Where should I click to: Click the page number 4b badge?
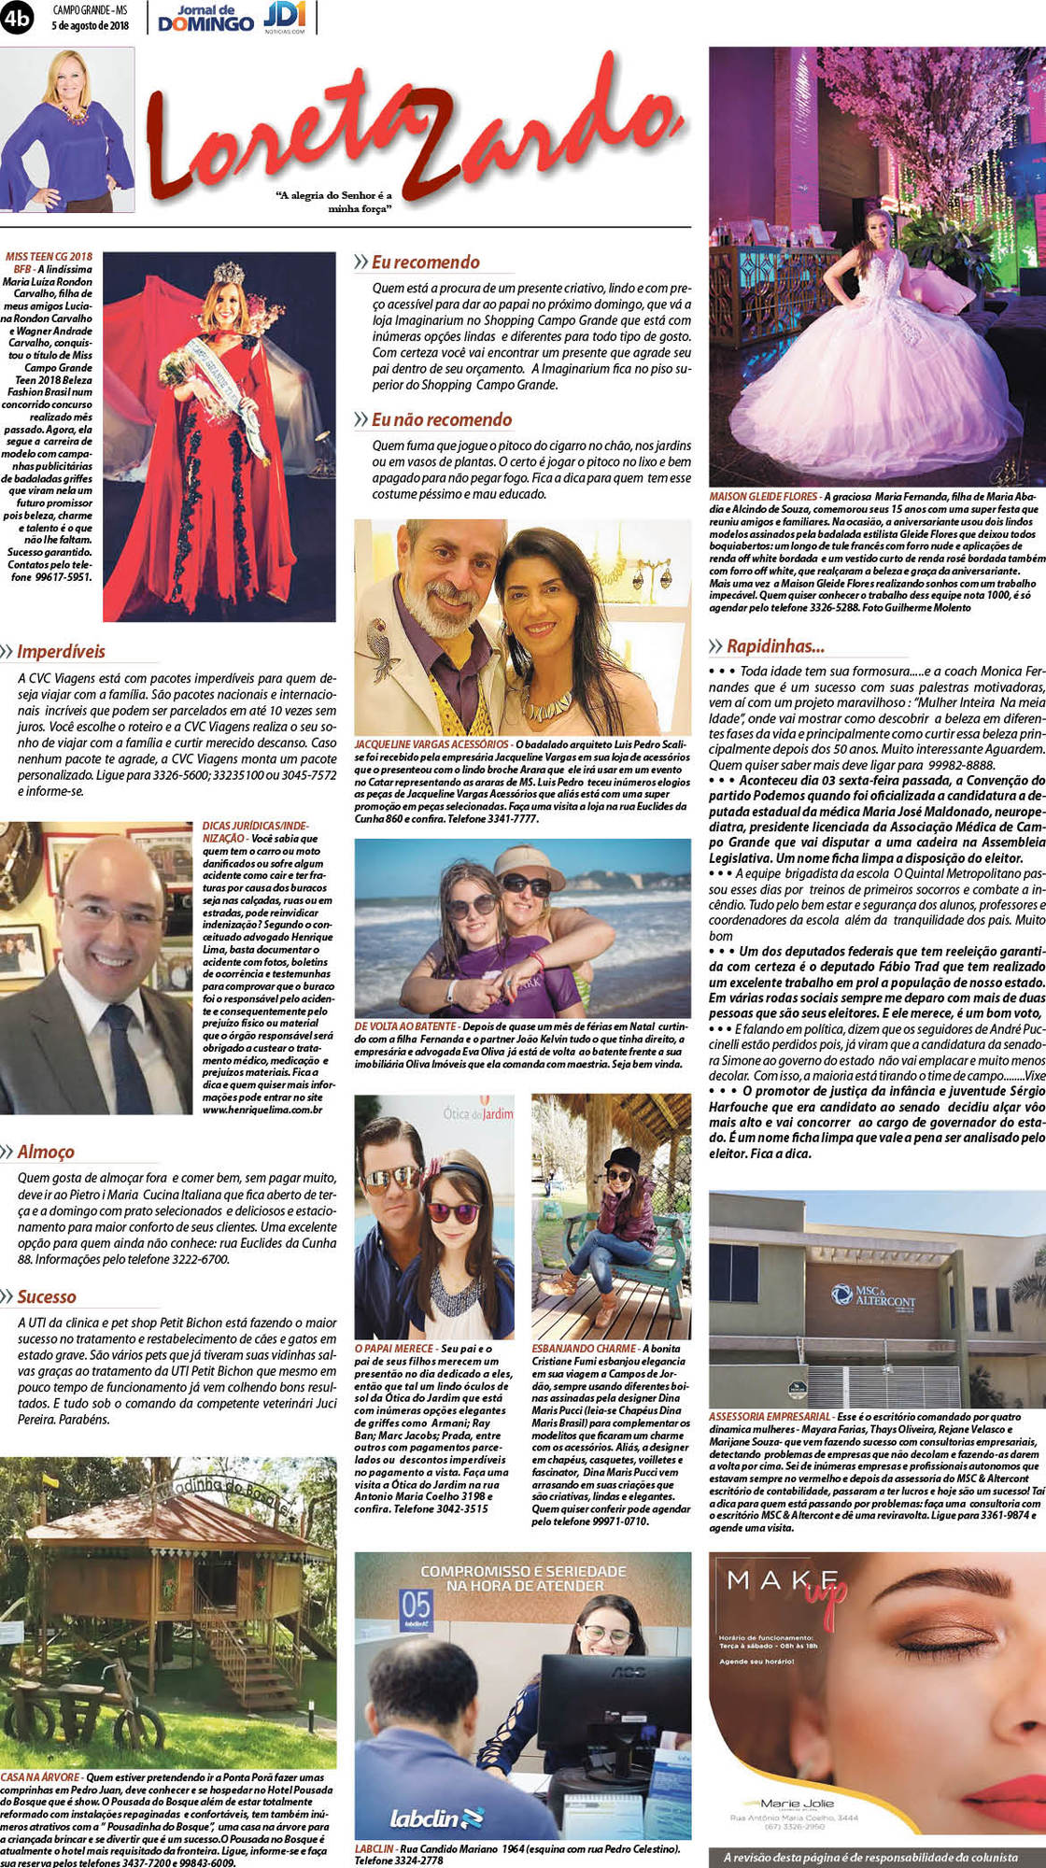[x=17, y=17]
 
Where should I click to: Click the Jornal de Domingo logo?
[x=205, y=18]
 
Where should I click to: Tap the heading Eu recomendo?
[x=425, y=262]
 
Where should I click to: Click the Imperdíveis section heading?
[x=61, y=651]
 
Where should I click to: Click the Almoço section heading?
[x=46, y=1152]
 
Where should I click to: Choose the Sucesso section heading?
[x=47, y=1296]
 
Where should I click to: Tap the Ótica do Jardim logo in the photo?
[x=478, y=1113]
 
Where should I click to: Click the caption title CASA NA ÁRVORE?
[x=40, y=1776]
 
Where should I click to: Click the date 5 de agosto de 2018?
[x=90, y=25]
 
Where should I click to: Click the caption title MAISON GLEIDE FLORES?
[x=763, y=497]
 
